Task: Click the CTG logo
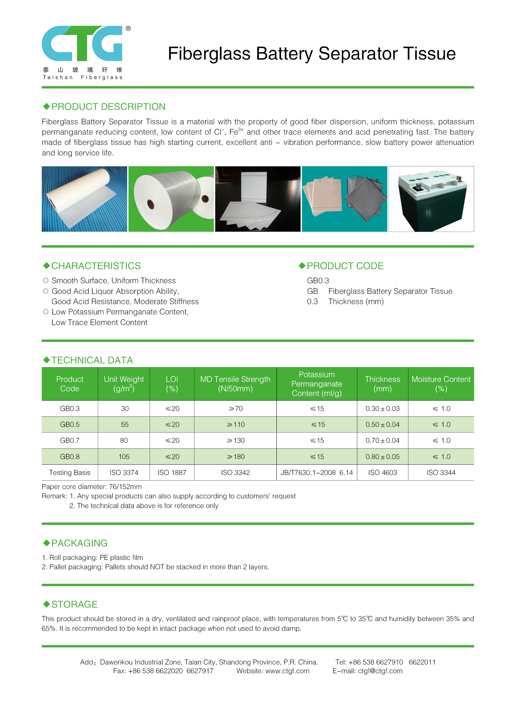(82, 43)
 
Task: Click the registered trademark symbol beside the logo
(128, 28)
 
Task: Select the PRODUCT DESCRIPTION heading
(108, 106)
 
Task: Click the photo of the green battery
(431, 199)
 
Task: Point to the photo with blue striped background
(84, 199)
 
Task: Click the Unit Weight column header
(124, 384)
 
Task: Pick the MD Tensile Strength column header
(235, 384)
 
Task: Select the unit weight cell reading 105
(124, 457)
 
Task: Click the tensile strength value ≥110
(236, 425)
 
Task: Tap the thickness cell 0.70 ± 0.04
(382, 441)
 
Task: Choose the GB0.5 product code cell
(70, 425)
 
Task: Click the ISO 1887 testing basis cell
(172, 472)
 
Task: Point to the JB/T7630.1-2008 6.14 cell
(316, 472)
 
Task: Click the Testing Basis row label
(70, 472)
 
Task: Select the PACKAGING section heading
(79, 543)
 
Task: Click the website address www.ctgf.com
(287, 671)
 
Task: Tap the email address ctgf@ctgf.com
(380, 671)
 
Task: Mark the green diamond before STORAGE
(46, 604)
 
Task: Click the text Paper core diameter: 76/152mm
(91, 486)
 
